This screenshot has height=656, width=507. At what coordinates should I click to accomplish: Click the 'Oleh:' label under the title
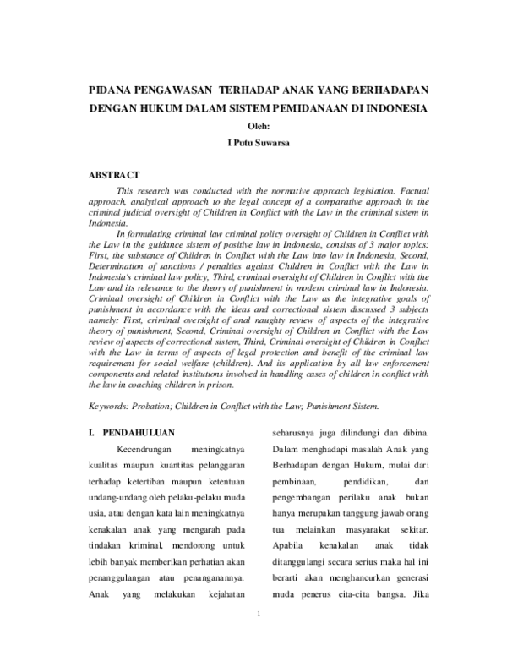[258, 127]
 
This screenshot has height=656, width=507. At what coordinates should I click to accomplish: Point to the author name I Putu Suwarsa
[258, 144]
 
